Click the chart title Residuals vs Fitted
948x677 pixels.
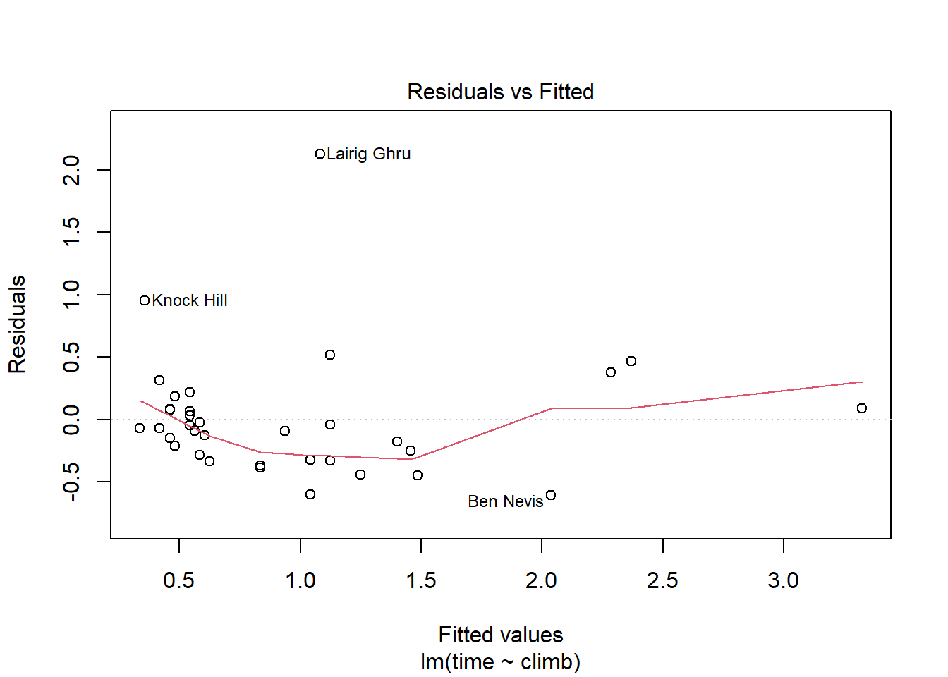pos(500,92)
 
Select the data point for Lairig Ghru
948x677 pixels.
pos(320,154)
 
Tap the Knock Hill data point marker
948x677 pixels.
pos(145,300)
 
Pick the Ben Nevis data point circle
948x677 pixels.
pos(551,495)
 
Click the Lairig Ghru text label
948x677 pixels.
pos(368,154)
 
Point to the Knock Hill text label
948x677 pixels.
pos(190,300)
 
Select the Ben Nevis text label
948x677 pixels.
pos(505,501)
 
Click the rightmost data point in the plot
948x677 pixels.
pos(862,408)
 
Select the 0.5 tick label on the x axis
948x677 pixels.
pos(179,580)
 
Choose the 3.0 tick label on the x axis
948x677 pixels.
pos(783,580)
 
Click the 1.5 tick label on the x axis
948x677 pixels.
pos(421,580)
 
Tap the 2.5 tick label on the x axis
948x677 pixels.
pos(662,580)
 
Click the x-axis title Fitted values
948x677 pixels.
pos(500,635)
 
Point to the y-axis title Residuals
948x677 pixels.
pos(17,324)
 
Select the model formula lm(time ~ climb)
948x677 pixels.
pos(500,662)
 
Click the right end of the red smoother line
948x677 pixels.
pos(862,382)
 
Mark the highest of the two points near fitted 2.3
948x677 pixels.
pos(631,361)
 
